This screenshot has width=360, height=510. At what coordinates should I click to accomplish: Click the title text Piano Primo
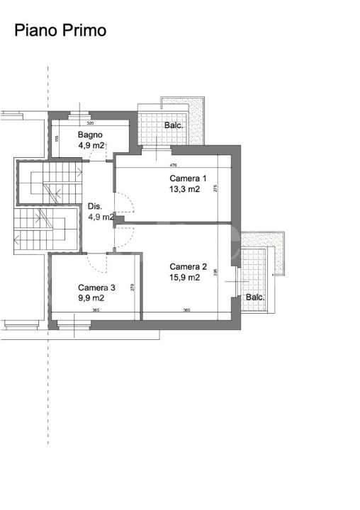click(61, 30)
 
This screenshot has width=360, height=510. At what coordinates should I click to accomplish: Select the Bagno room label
click(91, 135)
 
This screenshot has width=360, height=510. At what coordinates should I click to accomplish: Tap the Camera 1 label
click(189, 178)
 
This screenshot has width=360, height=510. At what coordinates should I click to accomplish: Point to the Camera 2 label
click(189, 267)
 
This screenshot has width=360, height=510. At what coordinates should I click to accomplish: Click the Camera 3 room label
click(97, 288)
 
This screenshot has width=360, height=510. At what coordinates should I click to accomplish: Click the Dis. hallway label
click(96, 207)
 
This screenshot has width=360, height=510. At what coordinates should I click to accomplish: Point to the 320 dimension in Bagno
click(90, 123)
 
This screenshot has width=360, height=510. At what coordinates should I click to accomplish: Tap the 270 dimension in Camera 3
click(133, 288)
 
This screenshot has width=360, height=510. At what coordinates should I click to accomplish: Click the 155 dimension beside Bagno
click(56, 138)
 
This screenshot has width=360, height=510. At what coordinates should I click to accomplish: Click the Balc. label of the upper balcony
click(174, 125)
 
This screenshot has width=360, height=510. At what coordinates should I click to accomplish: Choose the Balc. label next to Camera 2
click(255, 297)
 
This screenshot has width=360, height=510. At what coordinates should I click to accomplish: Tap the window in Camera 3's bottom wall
click(74, 324)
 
